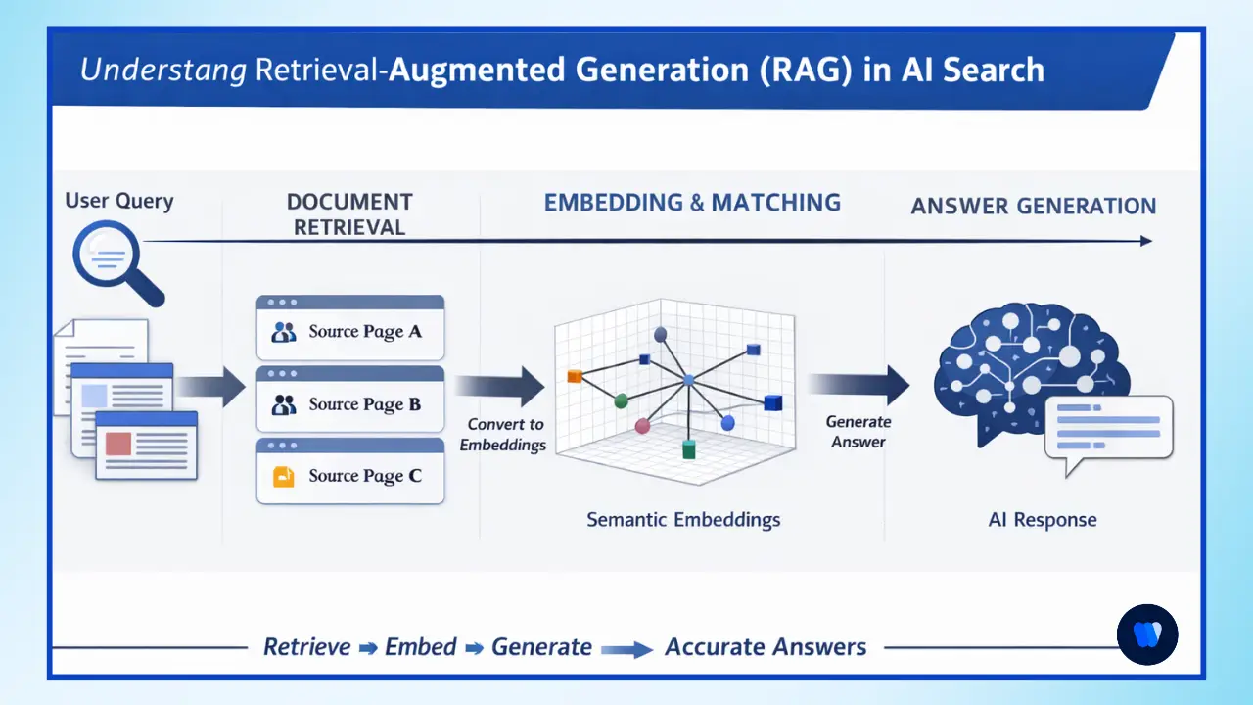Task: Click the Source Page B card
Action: pos(350,402)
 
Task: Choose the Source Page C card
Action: pos(350,475)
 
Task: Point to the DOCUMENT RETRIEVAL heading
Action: pos(349,213)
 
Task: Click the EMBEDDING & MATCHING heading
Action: pos(692,203)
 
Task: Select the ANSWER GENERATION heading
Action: pos(1033,206)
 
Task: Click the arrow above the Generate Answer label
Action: pos(859,385)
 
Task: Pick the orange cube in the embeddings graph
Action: pos(575,376)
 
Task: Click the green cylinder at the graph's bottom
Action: pos(688,449)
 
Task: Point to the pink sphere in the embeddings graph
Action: pos(642,426)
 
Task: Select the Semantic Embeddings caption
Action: pos(683,519)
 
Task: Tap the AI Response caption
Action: pos(1042,520)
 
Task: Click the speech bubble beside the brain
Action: pos(1108,428)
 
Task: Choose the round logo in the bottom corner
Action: pos(1147,634)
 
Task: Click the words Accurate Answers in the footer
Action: pos(766,647)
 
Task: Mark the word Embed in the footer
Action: pos(421,647)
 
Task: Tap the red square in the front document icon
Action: pos(118,443)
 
